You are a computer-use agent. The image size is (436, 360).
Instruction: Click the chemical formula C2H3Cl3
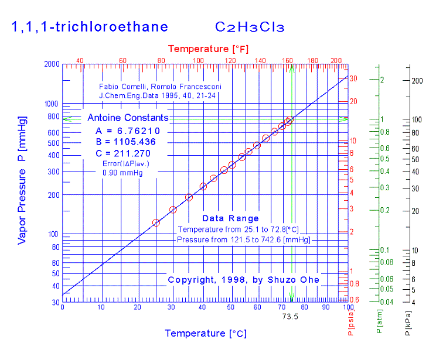(250, 27)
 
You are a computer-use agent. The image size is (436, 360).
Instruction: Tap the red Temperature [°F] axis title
(206, 48)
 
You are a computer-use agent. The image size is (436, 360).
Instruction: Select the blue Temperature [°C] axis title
(206, 334)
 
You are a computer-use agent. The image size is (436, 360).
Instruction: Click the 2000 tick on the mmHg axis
(52, 64)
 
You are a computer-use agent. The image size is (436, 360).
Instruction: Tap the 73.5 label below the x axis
(291, 316)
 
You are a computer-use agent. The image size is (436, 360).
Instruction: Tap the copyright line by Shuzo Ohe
(244, 280)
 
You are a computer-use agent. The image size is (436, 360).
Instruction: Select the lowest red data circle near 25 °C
(156, 222)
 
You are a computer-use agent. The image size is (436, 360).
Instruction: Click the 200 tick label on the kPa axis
(417, 80)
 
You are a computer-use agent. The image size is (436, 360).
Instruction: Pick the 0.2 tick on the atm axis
(384, 210)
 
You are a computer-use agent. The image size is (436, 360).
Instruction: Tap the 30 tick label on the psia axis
(353, 78)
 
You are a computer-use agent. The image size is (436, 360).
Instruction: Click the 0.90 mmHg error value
(122, 173)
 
